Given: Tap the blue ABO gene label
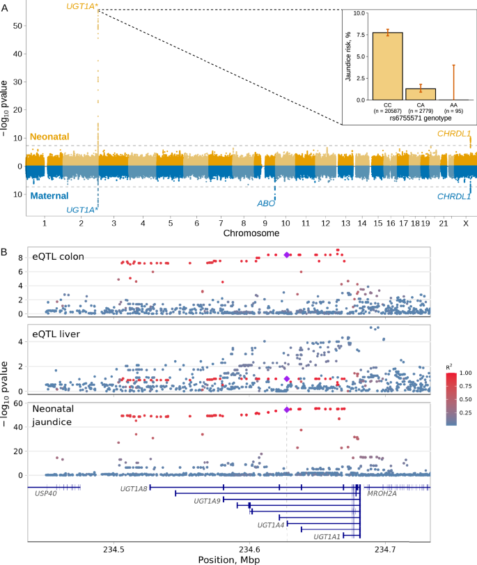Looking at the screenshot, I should pyautogui.click(x=267, y=204).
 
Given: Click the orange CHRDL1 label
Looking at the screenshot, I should pyautogui.click(x=453, y=132).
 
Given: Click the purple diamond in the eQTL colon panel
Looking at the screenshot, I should pyautogui.click(x=287, y=255).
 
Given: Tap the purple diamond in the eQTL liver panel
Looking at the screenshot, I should pyautogui.click(x=287, y=379).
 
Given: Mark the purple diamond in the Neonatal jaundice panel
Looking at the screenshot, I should pyautogui.click(x=287, y=410).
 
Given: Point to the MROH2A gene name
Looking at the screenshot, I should pyautogui.click(x=381, y=493).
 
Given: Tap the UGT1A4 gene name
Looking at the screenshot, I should pyautogui.click(x=271, y=525).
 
